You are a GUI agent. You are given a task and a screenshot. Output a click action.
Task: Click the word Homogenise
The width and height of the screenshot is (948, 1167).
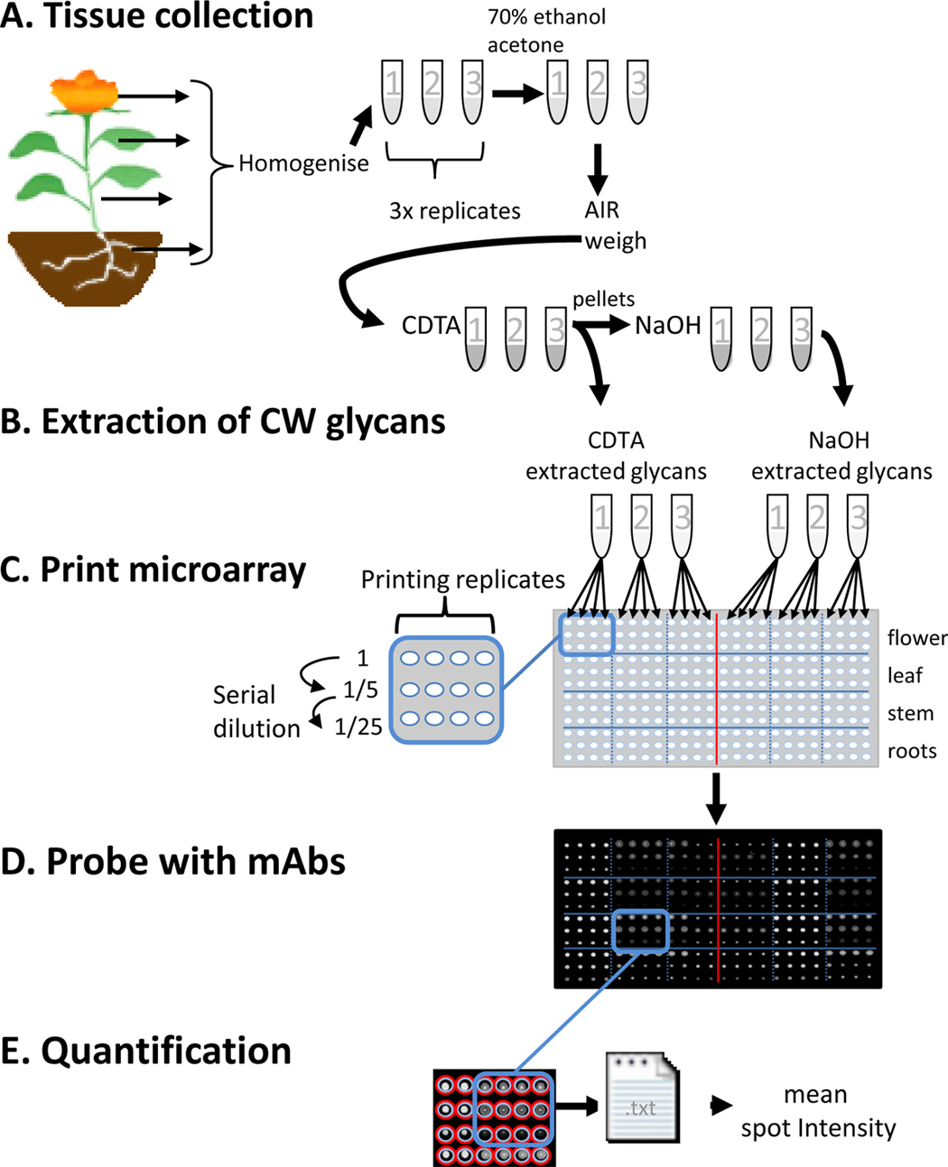click(303, 164)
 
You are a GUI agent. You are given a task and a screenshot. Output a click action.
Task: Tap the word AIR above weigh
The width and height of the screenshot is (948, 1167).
click(602, 209)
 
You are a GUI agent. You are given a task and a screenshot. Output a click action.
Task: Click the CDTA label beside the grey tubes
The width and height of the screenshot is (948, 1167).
click(431, 325)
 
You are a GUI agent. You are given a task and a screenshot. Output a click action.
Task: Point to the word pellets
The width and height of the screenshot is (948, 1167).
click(603, 298)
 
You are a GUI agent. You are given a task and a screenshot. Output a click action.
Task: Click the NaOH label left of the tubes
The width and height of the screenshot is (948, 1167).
click(667, 325)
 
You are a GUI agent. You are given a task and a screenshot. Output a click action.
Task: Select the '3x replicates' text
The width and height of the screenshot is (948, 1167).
click(454, 211)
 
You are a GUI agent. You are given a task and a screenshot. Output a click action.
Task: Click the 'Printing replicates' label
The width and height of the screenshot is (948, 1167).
click(462, 579)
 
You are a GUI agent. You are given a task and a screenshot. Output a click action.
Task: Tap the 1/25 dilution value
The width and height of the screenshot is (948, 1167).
click(358, 726)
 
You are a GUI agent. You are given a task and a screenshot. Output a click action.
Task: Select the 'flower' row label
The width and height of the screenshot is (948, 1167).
click(916, 638)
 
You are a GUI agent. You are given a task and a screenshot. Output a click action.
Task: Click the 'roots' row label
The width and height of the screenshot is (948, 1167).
click(912, 751)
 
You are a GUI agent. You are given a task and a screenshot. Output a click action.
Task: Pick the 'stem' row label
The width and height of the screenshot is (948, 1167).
click(910, 713)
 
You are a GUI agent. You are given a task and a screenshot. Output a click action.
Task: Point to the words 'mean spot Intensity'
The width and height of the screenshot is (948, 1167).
click(817, 1112)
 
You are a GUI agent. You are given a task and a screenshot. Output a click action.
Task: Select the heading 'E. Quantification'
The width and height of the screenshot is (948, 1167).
click(145, 1051)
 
